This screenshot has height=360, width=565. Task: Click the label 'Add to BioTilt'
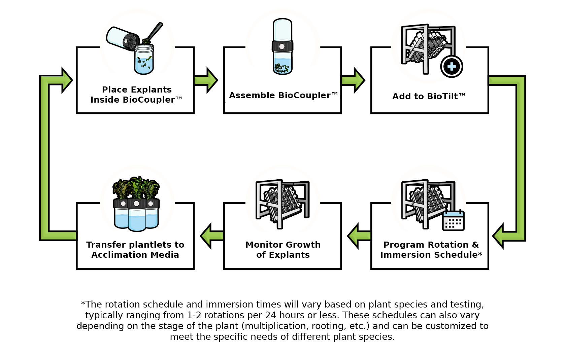coord(428,97)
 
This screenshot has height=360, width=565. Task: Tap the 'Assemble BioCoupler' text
coord(283,96)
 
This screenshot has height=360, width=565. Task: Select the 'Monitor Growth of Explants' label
coord(283,250)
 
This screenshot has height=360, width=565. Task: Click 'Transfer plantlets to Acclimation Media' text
coord(135,250)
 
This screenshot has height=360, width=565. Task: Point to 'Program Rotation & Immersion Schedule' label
coord(431,250)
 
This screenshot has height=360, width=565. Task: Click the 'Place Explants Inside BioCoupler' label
coord(136,95)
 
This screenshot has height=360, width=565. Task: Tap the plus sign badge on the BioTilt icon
coord(452,67)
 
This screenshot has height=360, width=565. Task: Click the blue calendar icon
coord(453,220)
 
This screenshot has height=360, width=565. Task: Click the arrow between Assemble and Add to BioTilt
coord(353,80)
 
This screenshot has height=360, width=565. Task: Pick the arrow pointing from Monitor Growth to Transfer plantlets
coord(212,236)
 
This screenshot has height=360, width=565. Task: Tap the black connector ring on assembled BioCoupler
coord(282,46)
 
